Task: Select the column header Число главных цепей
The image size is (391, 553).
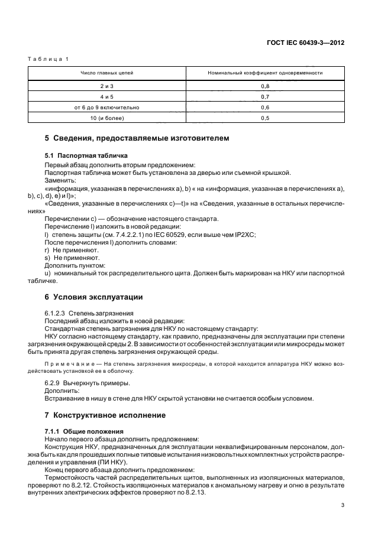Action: click(107, 73)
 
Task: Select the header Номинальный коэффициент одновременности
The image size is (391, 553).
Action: click(264, 73)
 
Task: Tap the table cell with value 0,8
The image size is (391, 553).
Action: click(264, 86)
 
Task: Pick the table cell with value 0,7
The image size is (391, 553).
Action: click(264, 97)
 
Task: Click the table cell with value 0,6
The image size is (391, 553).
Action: click(264, 108)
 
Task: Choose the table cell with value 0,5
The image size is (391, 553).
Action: click(264, 118)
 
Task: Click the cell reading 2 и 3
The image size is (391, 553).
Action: click(107, 86)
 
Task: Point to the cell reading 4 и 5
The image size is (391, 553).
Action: click(107, 97)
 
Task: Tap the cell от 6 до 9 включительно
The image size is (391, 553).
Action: click(107, 108)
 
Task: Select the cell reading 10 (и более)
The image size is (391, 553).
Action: click(107, 118)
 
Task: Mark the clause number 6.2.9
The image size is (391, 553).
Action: click(54, 383)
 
